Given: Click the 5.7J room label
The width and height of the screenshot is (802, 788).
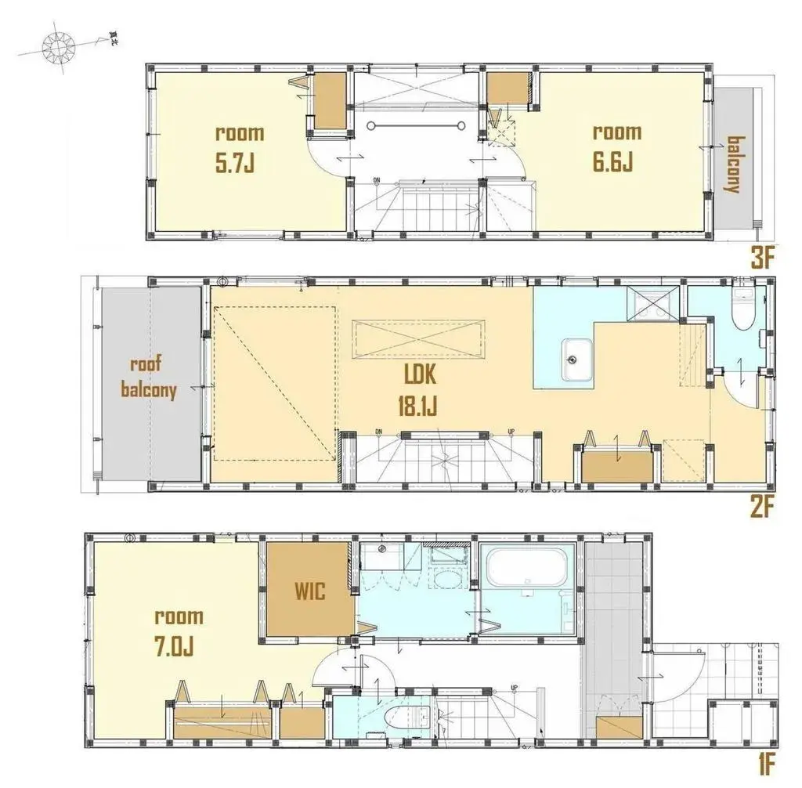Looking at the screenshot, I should [240, 149].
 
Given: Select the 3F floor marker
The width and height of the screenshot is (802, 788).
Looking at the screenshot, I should [761, 258].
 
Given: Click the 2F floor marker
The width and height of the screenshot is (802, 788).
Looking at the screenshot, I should [761, 507].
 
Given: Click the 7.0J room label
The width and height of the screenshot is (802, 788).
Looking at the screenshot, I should [179, 631].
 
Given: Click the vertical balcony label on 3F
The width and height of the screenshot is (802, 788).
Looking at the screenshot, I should [733, 164].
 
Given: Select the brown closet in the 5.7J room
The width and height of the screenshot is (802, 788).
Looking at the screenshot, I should [331, 100].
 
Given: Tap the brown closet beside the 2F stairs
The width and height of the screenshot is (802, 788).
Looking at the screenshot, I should [617, 467].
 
